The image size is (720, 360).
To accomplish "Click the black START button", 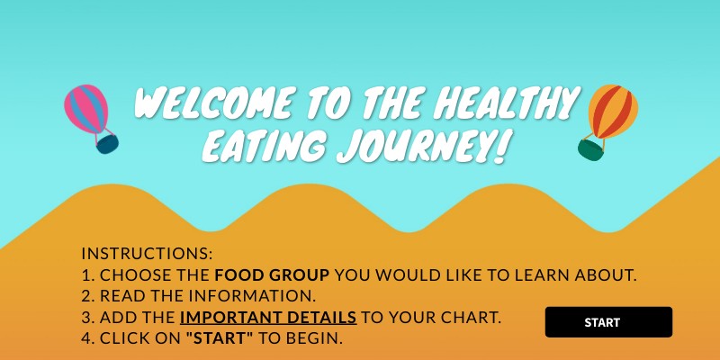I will (608, 322).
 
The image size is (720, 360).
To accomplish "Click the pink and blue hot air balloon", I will (87, 109).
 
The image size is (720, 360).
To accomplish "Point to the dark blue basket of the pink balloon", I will (107, 143).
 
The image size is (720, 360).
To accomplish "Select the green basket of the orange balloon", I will (590, 149).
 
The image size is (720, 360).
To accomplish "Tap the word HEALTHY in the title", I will (503, 103).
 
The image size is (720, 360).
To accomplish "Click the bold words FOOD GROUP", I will (271, 275).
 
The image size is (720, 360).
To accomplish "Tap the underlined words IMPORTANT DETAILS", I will (268, 318).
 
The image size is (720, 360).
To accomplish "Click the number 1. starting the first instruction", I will (87, 275).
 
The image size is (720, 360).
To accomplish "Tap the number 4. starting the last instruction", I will (88, 339).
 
